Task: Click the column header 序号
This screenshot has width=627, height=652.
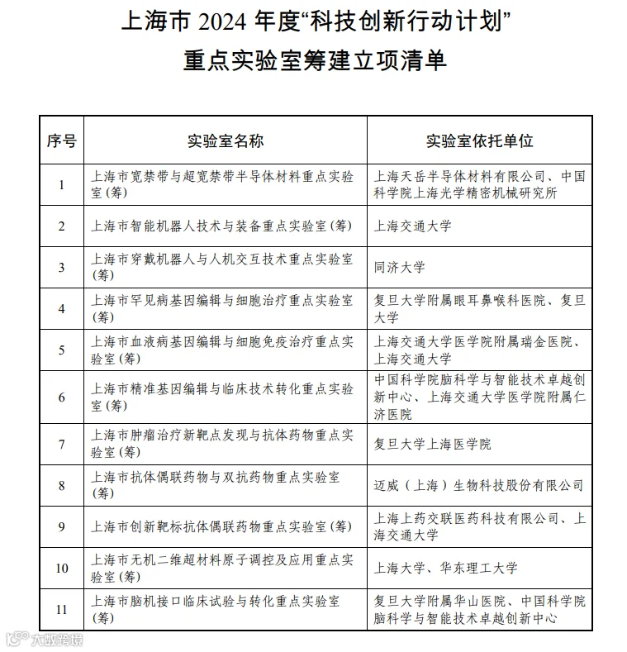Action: [x=61, y=140]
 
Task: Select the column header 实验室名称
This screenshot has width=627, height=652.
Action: [x=226, y=140]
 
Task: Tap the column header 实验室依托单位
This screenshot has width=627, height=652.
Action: [x=479, y=140]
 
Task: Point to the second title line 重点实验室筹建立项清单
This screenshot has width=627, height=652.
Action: [x=315, y=60]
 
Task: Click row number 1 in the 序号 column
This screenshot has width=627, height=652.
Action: [x=61, y=184]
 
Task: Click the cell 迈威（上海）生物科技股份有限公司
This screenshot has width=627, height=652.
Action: [x=479, y=485]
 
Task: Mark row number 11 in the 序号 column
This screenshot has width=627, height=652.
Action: [x=61, y=610]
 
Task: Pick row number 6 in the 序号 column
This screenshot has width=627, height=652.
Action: [x=61, y=397]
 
